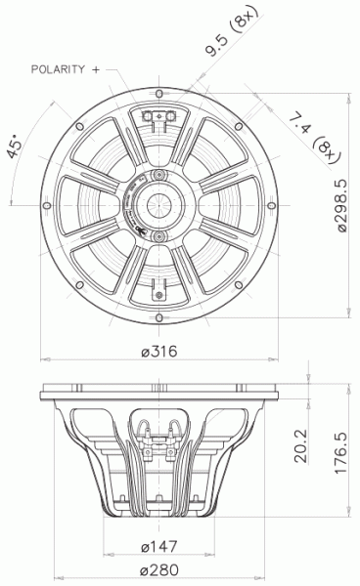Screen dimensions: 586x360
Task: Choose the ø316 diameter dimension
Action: coord(157,352)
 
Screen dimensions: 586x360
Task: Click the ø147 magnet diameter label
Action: coord(157,545)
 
